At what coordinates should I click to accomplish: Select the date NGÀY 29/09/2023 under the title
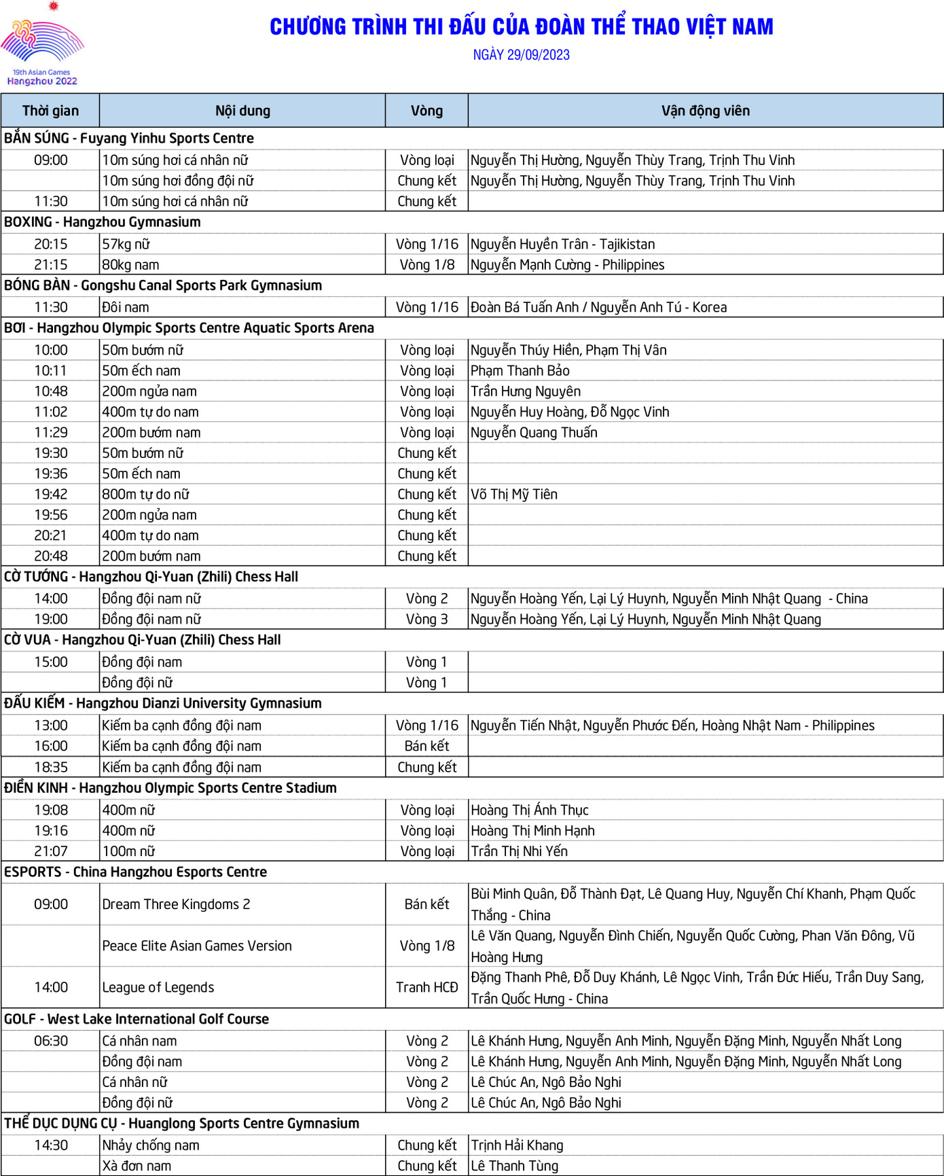coord(521,55)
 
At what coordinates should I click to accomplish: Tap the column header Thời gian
coord(50,111)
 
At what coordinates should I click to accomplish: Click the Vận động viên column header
coord(705,111)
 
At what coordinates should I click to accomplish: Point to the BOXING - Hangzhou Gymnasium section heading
coord(103,222)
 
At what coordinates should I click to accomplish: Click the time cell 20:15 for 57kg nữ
coord(51,244)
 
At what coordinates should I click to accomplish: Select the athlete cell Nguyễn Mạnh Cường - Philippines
coord(567,265)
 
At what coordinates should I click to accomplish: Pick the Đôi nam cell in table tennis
coord(126,307)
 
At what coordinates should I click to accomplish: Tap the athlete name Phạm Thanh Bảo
coord(520,371)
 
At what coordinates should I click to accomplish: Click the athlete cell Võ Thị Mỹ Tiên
coord(514,495)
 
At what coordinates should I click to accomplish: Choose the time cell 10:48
coord(51,391)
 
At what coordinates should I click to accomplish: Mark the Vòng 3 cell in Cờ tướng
coord(426,620)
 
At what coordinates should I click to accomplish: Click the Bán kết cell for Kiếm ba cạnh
coord(426,746)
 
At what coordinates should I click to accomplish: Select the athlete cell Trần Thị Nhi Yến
coord(519,851)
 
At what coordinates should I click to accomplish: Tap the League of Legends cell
coord(158,987)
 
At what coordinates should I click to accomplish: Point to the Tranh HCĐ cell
coord(426,987)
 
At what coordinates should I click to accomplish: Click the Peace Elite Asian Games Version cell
coord(197,946)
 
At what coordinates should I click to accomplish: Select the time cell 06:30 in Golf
coord(51,1041)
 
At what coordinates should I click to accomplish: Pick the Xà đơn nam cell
coord(137,1166)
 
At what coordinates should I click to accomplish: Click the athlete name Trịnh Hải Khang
coord(517,1145)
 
